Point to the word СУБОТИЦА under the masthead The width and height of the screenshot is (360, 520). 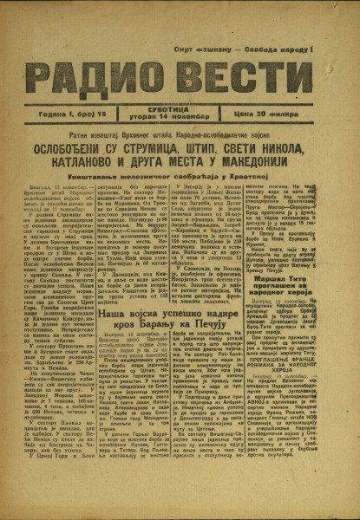coord(179,108)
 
